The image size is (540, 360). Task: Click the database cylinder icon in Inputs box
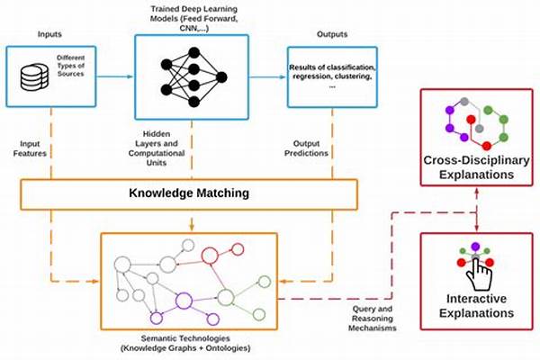[x=34, y=77]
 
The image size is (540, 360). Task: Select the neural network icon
[x=193, y=77]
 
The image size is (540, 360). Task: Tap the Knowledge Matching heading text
[x=189, y=193]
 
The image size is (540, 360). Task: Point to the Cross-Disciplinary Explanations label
[x=476, y=167]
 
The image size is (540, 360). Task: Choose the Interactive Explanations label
[x=476, y=306]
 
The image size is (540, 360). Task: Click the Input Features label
[x=30, y=148]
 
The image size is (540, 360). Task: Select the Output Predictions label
[x=306, y=148]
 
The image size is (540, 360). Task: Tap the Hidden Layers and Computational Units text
[x=157, y=148]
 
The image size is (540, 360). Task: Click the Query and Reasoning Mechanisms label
[x=373, y=319]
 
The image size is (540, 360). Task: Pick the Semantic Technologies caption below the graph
[x=185, y=343]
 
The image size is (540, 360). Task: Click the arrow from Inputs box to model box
[x=114, y=76]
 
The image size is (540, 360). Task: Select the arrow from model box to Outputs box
[x=267, y=76]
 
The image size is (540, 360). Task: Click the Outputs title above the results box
[x=332, y=34]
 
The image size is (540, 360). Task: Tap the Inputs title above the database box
[x=49, y=34]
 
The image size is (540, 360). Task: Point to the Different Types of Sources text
[x=70, y=66]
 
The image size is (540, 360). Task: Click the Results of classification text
[x=332, y=76]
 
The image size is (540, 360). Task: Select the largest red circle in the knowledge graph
[x=210, y=256]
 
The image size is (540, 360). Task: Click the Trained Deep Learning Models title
[x=193, y=18]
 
